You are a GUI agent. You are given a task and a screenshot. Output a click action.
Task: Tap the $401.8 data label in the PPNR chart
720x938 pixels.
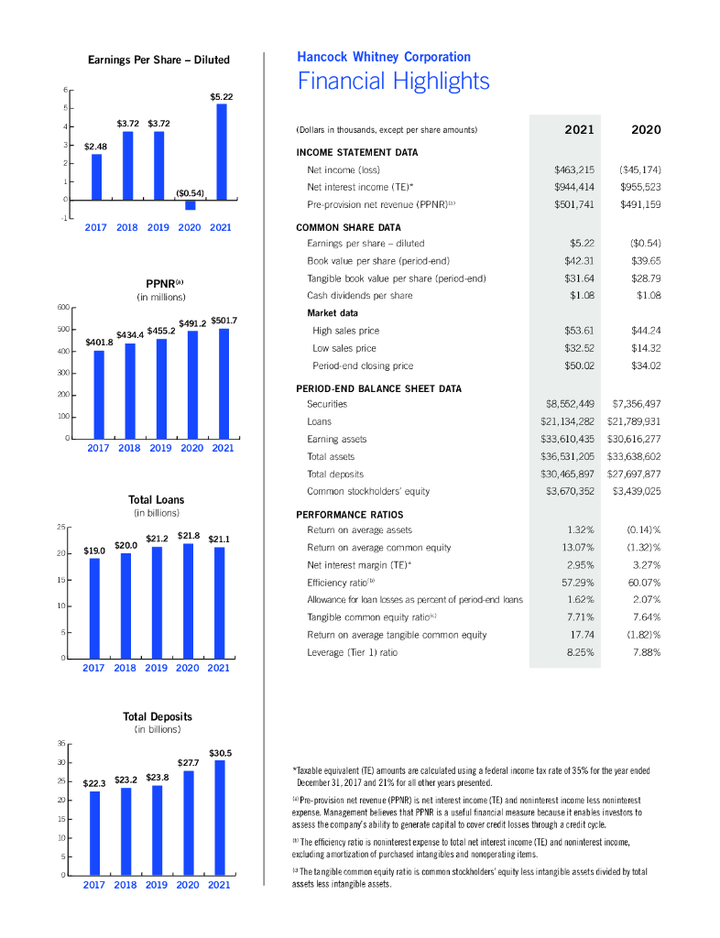[x=98, y=342]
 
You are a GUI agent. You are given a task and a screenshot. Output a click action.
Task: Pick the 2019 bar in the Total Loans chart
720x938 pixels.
[x=157, y=602]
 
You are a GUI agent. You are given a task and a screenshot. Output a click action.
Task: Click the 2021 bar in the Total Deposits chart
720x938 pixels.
[x=220, y=817]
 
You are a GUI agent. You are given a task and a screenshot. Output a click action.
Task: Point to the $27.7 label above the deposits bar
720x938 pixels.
[x=189, y=762]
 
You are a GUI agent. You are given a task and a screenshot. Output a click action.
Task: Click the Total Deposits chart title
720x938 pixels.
[x=158, y=715]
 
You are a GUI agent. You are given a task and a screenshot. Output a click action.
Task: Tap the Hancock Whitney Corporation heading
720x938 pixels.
[x=384, y=58]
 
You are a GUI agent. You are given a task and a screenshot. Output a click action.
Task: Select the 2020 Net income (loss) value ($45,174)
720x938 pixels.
[x=639, y=169]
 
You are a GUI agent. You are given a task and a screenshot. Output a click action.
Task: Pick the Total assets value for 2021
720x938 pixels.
[x=567, y=456]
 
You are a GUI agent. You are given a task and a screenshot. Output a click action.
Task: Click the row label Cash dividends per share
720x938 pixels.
[x=359, y=296]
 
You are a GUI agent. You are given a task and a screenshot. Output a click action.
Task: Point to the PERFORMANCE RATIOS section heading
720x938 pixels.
[x=350, y=515]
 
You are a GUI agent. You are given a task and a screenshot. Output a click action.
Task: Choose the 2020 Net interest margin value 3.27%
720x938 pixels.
[x=645, y=565]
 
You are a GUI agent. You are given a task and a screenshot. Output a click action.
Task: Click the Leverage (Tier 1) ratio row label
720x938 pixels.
[x=352, y=652]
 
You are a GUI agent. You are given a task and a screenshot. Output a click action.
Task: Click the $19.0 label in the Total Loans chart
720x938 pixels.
[x=94, y=551]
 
